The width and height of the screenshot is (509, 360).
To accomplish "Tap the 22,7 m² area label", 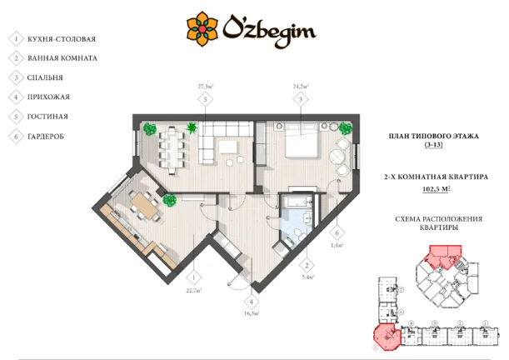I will (x=192, y=292).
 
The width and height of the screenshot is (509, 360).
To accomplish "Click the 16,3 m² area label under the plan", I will (x=251, y=314).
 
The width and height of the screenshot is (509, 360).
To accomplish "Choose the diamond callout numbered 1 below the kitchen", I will (x=192, y=277).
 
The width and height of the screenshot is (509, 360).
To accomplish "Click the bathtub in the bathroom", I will (x=295, y=205).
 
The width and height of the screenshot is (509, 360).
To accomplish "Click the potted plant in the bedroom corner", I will (x=345, y=127).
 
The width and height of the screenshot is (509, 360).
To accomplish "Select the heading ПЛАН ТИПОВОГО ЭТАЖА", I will (x=434, y=135).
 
